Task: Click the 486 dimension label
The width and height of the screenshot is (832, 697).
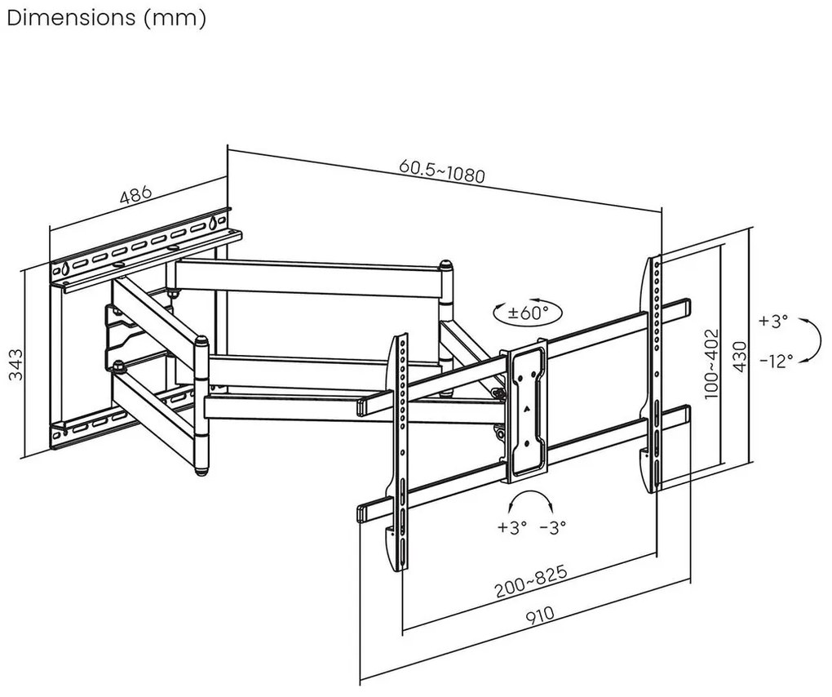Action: click(136, 195)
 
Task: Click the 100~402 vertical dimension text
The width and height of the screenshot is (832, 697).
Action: click(712, 362)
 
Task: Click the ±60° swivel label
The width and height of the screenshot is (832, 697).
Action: click(529, 312)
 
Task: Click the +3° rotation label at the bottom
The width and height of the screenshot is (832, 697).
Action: click(512, 526)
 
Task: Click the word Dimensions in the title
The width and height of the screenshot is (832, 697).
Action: click(71, 18)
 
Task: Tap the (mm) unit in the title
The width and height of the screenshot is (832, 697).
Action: click(175, 18)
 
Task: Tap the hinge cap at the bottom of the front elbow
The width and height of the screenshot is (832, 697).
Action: click(200, 469)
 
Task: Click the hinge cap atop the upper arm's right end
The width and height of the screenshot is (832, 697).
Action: click(446, 265)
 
